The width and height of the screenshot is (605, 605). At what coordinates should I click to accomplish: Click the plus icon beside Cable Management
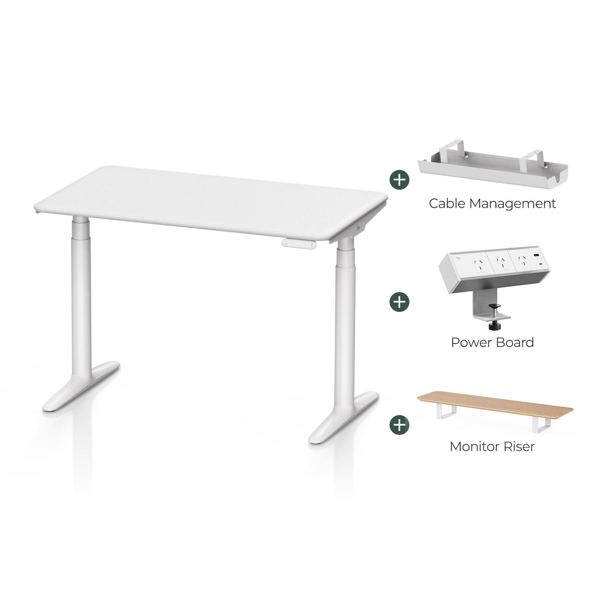(x=399, y=180)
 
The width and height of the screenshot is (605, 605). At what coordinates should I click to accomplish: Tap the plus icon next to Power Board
(x=399, y=302)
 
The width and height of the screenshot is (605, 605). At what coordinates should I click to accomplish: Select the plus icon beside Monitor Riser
(x=399, y=425)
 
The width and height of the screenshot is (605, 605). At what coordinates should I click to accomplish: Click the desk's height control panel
(x=299, y=244)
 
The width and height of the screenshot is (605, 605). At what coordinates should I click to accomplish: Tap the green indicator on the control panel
(x=312, y=245)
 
